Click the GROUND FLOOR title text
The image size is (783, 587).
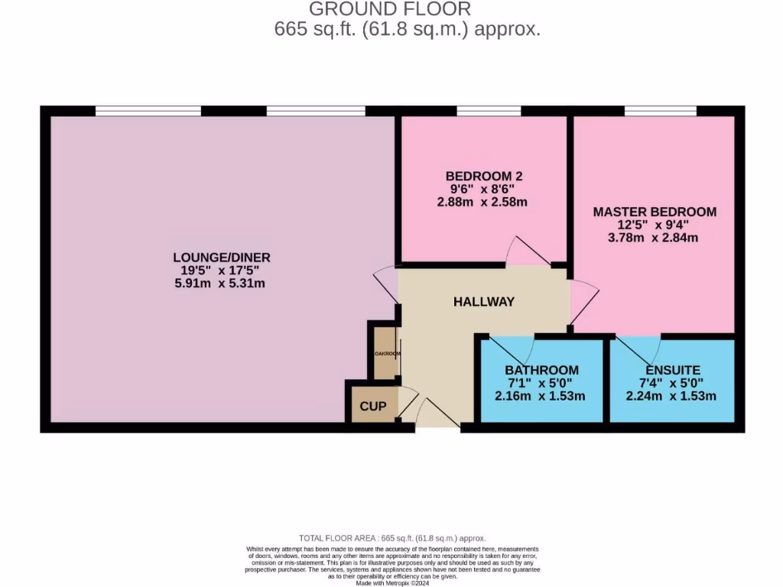[390, 9]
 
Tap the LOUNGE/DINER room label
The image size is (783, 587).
[222, 258]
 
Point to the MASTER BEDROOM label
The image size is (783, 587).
[655, 212]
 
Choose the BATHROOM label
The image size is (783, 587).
[541, 370]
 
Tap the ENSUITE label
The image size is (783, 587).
[672, 370]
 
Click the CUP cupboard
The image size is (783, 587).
[374, 406]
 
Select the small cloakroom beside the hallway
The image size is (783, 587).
[385, 353]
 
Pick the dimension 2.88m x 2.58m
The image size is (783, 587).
[483, 203]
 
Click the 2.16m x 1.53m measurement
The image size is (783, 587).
[541, 396]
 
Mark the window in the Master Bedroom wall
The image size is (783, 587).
[660, 112]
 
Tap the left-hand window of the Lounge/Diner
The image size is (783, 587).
[148, 112]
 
